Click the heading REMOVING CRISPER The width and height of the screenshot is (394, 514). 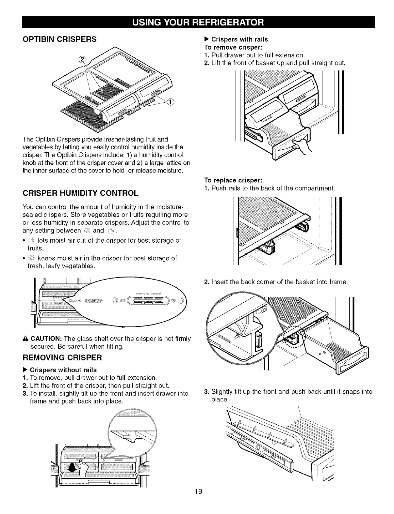tap(62, 357)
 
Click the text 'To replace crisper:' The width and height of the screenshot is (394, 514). tap(233, 180)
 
